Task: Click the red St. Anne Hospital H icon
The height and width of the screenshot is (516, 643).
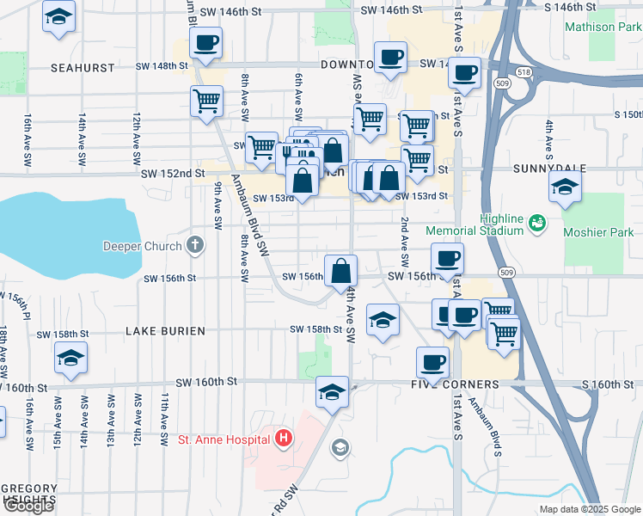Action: (284, 439)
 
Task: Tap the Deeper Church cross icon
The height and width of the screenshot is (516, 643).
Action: (195, 246)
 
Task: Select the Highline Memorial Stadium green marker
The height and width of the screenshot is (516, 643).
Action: (538, 223)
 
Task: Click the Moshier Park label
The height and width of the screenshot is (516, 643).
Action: (598, 232)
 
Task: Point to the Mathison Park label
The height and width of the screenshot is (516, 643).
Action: (602, 27)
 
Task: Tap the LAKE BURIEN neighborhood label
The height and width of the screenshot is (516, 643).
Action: (165, 331)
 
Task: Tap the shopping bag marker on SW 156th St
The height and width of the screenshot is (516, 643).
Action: (341, 270)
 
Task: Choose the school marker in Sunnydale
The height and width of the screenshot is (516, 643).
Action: (565, 187)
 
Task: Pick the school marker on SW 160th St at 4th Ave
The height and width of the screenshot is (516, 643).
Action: (332, 392)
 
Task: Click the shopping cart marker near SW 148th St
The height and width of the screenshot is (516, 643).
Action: (206, 101)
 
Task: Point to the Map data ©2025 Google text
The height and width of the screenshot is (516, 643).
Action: (589, 509)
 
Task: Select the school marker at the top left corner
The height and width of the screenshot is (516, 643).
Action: (58, 17)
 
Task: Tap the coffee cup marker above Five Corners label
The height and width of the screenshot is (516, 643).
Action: (432, 362)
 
